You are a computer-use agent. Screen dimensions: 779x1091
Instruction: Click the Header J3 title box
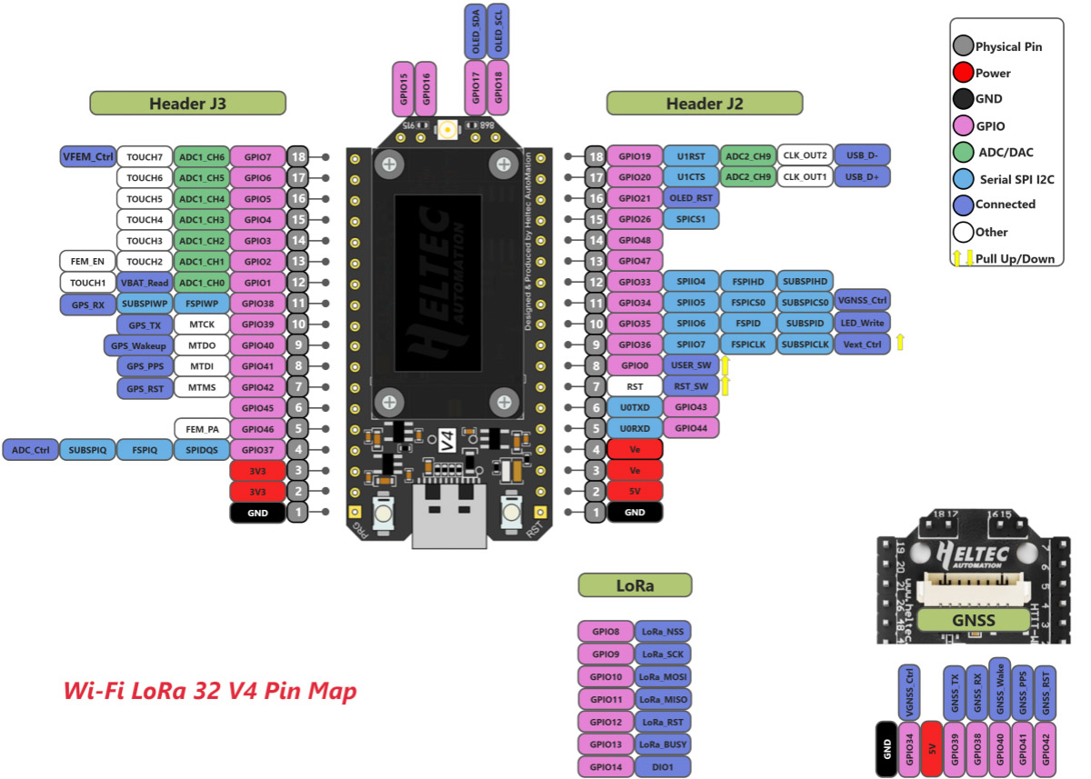pos(187,104)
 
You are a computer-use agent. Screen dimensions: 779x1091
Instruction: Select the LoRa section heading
pos(635,585)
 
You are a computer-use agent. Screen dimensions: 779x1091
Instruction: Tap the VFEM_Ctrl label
pos(88,156)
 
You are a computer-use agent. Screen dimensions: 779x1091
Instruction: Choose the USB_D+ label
pos(862,177)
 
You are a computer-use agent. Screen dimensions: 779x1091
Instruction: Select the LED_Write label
pos(862,323)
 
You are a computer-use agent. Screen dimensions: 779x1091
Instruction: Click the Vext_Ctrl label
pos(862,345)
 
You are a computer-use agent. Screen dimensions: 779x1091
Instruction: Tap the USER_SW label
pos(691,365)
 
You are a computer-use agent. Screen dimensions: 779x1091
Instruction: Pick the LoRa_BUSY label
pos(663,744)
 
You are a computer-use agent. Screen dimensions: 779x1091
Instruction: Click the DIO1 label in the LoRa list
pos(663,767)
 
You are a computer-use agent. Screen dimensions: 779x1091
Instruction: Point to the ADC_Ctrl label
pos(30,449)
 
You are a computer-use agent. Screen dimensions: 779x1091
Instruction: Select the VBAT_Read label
pos(144,282)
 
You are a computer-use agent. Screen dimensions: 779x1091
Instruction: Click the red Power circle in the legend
pos(964,73)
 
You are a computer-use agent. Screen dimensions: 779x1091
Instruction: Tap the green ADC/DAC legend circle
pos(964,152)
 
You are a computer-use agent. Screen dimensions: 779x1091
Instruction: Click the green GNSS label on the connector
pos(973,621)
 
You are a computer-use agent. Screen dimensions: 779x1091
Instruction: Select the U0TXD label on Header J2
pos(635,406)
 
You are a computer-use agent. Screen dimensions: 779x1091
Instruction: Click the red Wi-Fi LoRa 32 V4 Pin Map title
pos(210,691)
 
